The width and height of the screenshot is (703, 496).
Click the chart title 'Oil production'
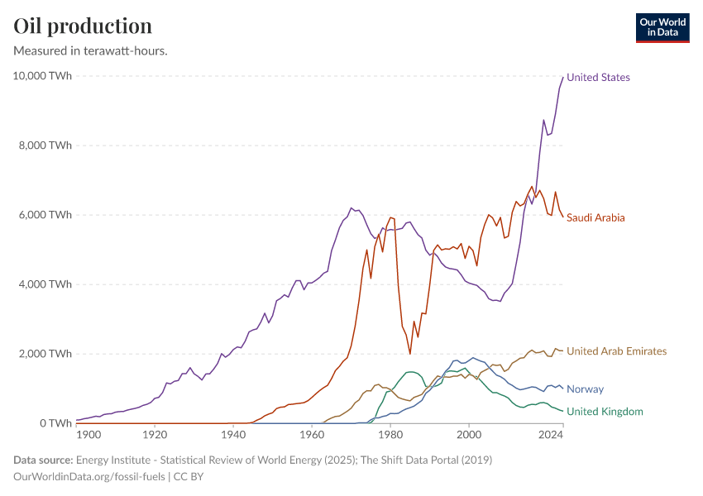point(83,26)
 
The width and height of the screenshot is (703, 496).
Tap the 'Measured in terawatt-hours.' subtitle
point(91,51)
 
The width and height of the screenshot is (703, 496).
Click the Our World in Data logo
point(662,27)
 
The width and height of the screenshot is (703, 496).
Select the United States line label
point(598,78)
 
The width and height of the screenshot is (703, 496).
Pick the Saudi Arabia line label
point(595,218)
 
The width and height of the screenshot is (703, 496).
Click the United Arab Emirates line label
point(616,351)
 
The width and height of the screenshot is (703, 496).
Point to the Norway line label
point(585,389)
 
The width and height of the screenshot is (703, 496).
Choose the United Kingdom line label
point(605,412)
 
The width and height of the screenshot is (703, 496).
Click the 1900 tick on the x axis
point(88,434)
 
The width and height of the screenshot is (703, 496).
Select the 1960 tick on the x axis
point(312,434)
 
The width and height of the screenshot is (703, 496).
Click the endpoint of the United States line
point(563,77)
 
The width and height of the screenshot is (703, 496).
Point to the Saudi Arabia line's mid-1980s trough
point(410,354)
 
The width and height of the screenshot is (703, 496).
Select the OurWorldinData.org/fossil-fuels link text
point(90,477)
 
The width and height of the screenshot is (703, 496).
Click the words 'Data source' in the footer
point(41,460)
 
